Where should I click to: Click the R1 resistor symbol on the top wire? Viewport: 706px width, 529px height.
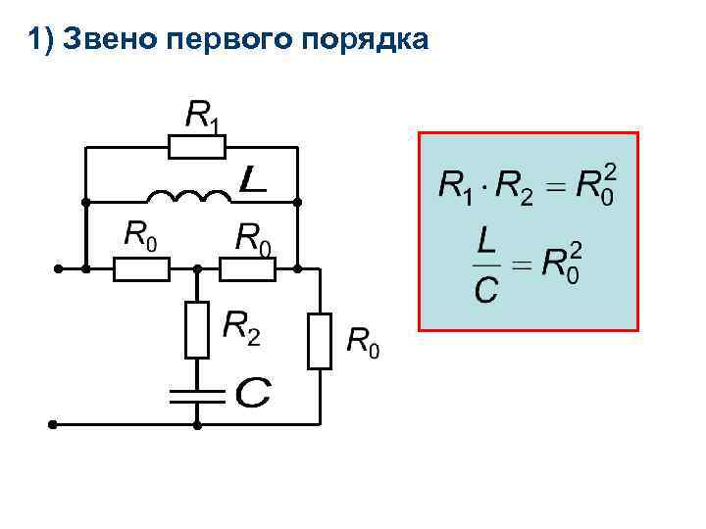tap(197, 148)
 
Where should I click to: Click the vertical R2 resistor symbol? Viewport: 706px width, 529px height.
tap(197, 330)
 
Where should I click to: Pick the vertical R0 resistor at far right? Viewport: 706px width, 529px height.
tap(320, 340)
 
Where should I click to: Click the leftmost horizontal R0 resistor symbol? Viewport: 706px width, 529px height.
tap(141, 266)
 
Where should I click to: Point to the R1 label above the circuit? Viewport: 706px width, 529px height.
tap(203, 117)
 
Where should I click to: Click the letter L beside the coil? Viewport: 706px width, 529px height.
tap(253, 179)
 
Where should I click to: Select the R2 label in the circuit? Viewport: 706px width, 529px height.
tap(242, 327)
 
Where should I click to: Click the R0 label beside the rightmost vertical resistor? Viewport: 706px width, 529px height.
tap(363, 343)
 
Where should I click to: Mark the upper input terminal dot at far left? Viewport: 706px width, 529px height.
tap(59, 266)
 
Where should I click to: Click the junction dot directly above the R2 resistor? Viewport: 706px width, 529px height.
tap(197, 266)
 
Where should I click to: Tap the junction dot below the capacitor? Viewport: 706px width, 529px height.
tap(197, 425)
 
